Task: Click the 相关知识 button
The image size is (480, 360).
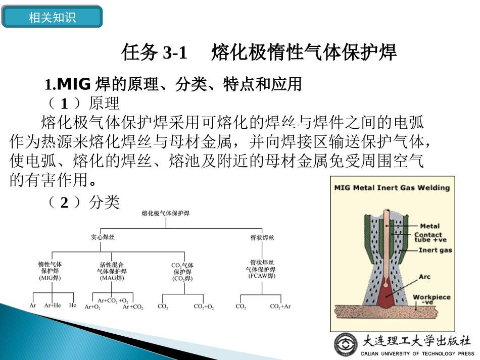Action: pos(52,18)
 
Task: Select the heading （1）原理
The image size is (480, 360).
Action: pos(83,103)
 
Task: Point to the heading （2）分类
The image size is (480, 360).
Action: pos(83,202)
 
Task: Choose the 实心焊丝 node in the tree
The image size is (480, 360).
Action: pos(103,237)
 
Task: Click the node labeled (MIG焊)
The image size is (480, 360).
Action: pos(50,278)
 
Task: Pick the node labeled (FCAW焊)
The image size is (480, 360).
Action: pos(262,276)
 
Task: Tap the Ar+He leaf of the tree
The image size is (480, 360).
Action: pos(52,305)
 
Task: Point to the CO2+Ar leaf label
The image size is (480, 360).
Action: pos(280,306)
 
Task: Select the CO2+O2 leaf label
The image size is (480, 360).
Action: pos(204,306)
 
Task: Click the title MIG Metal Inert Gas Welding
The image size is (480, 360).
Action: pos(392,188)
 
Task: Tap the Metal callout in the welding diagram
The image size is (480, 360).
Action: pos(429,226)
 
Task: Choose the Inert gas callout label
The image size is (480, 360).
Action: pos(435,250)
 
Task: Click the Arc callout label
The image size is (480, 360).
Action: pos(424,277)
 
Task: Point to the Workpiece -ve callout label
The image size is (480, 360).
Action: pos(431,299)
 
